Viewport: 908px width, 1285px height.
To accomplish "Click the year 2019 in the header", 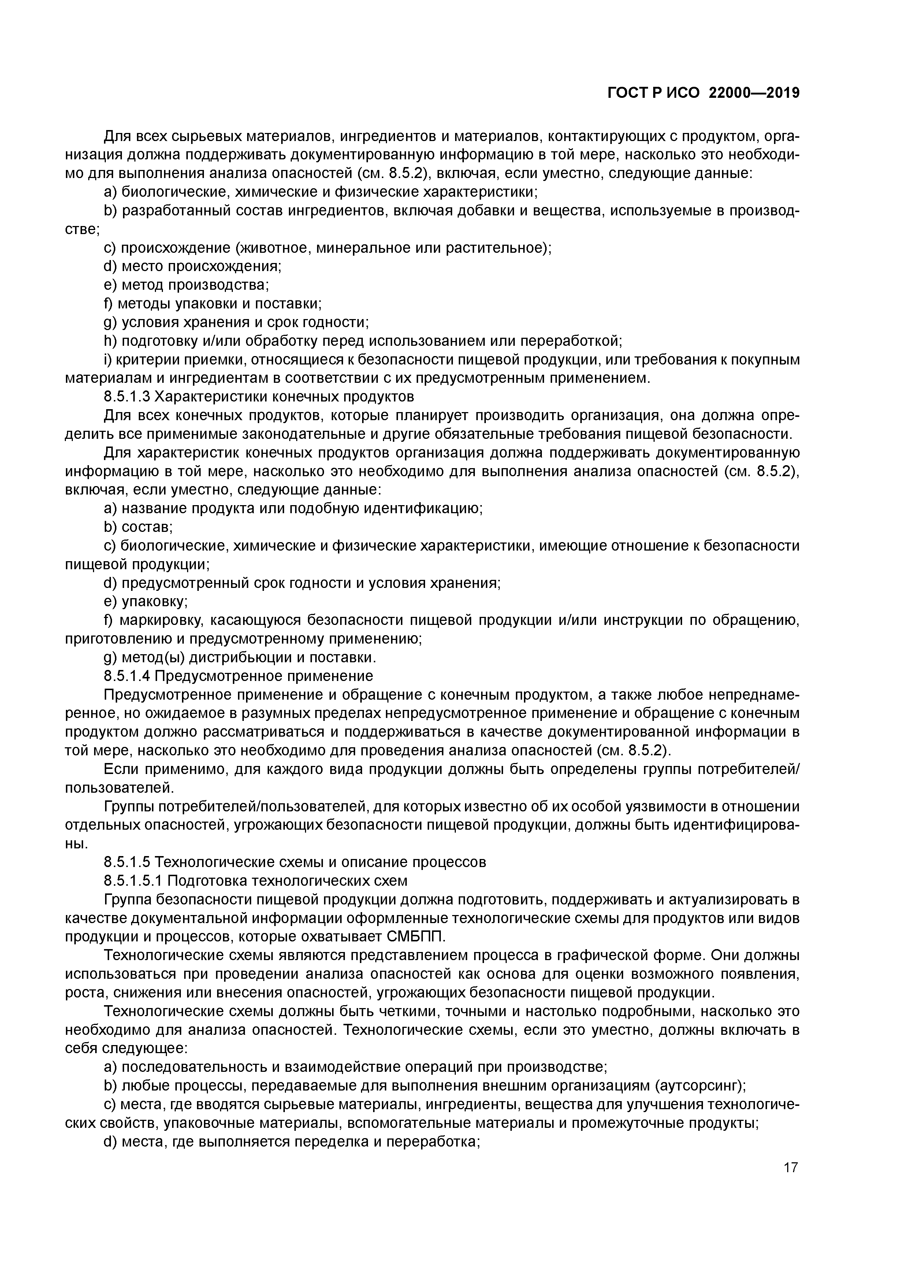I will point(783,93).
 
